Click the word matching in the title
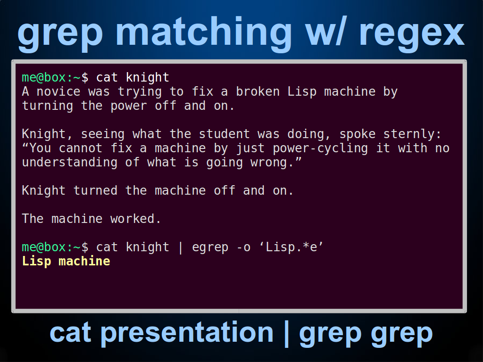click(204, 33)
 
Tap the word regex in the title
click(412, 34)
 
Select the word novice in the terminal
click(58, 92)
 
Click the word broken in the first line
click(258, 91)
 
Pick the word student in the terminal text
click(224, 134)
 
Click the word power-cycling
click(320, 148)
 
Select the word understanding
click(70, 163)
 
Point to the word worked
click(133, 219)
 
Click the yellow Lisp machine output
click(66, 261)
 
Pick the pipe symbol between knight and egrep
click(181, 247)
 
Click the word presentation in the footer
click(187, 333)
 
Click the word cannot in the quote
click(80, 148)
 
